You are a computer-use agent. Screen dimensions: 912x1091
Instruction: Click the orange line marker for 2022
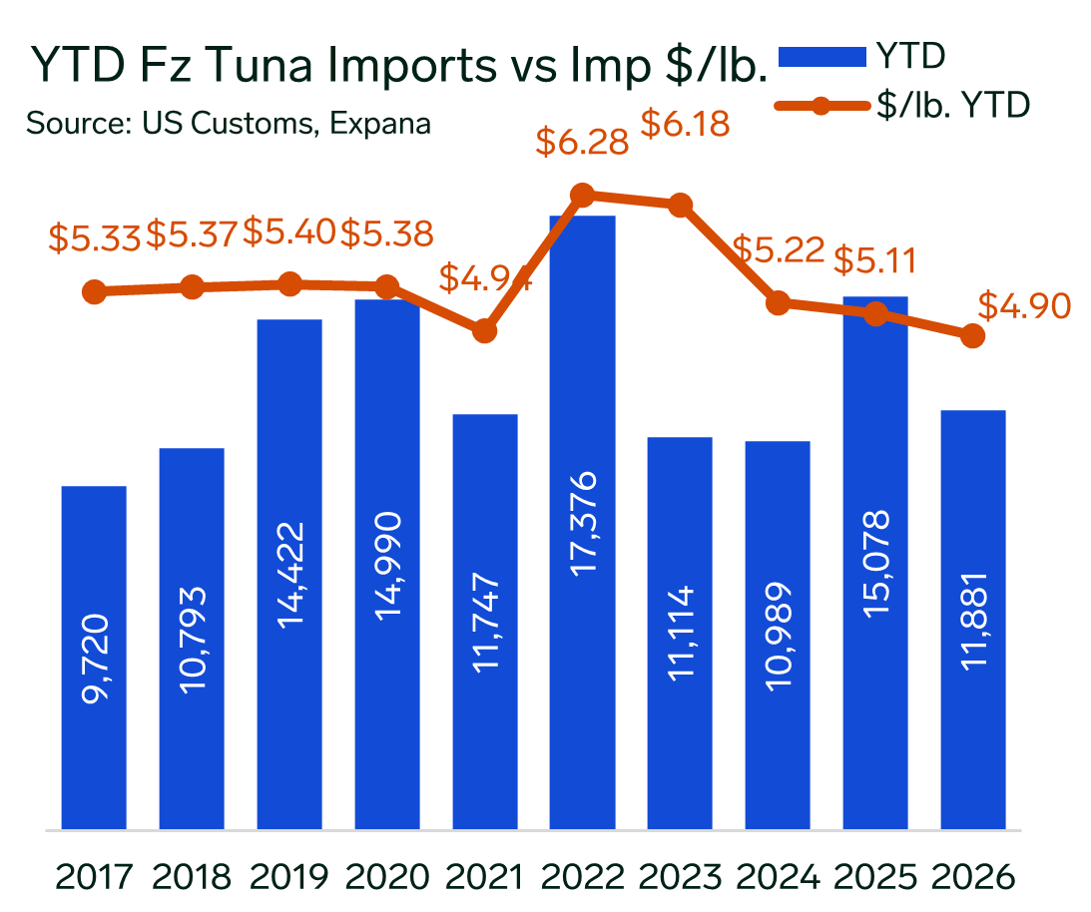583,196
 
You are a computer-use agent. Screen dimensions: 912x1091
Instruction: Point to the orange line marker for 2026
973,336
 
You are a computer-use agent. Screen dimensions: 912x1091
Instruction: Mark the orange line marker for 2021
485,330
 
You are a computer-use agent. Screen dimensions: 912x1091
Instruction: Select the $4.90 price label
1023,305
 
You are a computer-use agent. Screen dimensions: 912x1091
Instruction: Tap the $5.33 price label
94,236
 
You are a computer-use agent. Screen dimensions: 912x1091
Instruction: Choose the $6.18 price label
685,125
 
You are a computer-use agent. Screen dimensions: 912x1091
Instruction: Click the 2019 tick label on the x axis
289,877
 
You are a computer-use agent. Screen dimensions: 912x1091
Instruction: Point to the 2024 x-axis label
778,877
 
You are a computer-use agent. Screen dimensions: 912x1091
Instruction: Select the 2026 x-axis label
973,877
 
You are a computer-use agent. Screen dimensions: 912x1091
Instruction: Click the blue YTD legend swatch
820,58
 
